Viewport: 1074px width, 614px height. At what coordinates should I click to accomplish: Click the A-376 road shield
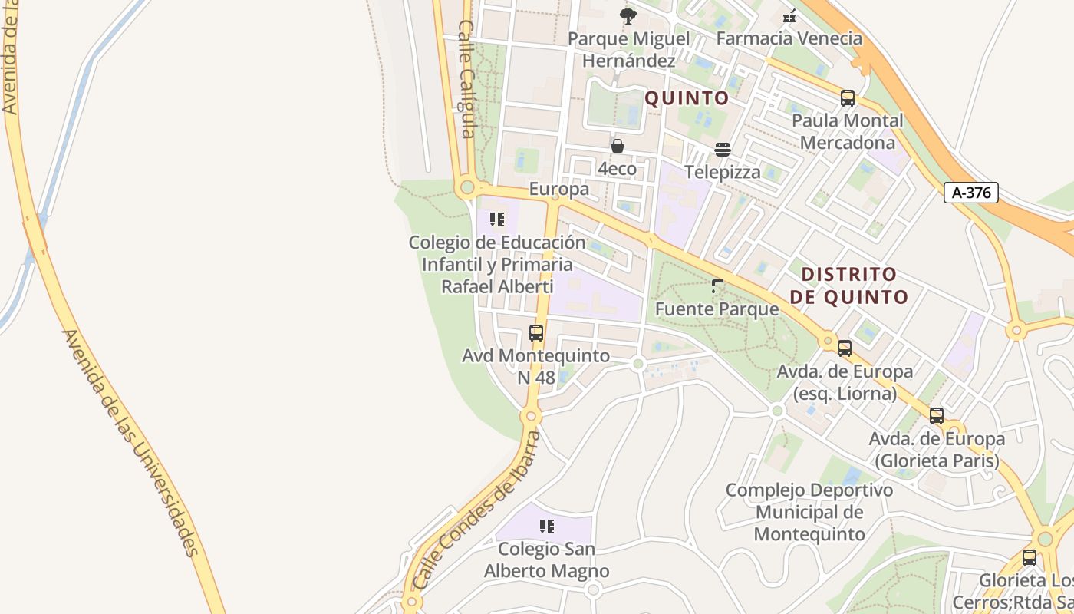pos(970,193)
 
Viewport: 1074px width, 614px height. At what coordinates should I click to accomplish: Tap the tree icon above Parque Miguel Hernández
pos(628,15)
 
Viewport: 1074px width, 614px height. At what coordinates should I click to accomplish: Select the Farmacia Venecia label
pos(789,38)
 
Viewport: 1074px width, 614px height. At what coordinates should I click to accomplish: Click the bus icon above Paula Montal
pos(847,98)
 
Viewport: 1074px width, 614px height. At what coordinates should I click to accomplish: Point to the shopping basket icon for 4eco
pos(617,146)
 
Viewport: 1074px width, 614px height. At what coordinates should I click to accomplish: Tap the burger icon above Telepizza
pos(722,149)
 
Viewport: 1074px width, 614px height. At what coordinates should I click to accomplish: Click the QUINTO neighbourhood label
pos(687,98)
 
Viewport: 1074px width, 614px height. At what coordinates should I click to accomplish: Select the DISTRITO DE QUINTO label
pos(849,286)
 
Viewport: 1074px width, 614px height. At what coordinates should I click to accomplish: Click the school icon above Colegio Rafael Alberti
pos(497,220)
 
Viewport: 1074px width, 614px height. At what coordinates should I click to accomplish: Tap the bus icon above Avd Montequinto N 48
pos(536,333)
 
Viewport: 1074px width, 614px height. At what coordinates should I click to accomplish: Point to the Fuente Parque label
pos(717,309)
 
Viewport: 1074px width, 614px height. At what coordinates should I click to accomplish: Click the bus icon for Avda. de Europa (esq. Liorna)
pos(844,348)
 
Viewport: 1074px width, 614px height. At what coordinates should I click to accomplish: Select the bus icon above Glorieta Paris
pos(936,416)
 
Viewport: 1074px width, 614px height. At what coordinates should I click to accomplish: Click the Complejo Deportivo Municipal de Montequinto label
pos(809,512)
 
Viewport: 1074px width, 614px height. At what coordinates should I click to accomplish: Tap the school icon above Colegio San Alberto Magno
pos(546,527)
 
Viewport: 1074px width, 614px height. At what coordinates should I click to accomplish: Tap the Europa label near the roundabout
pos(559,189)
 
